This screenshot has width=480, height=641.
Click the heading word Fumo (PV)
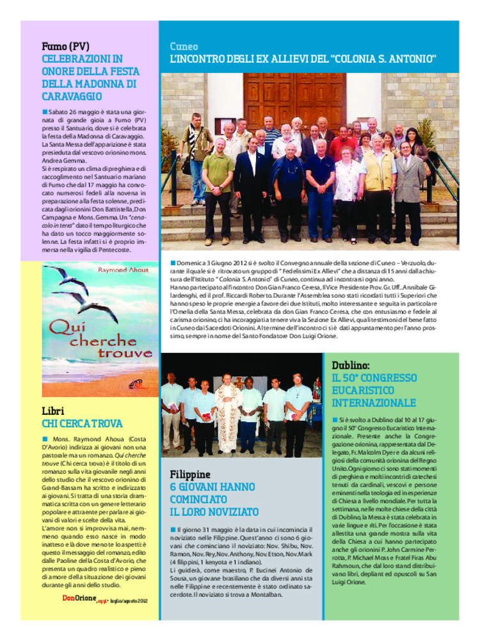[x=65, y=47]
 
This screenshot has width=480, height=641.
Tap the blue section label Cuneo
[x=184, y=47]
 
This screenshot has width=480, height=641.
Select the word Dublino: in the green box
[x=351, y=365]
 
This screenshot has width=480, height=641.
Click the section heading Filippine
[x=190, y=475]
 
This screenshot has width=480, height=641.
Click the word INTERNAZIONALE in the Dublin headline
[x=374, y=403]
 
